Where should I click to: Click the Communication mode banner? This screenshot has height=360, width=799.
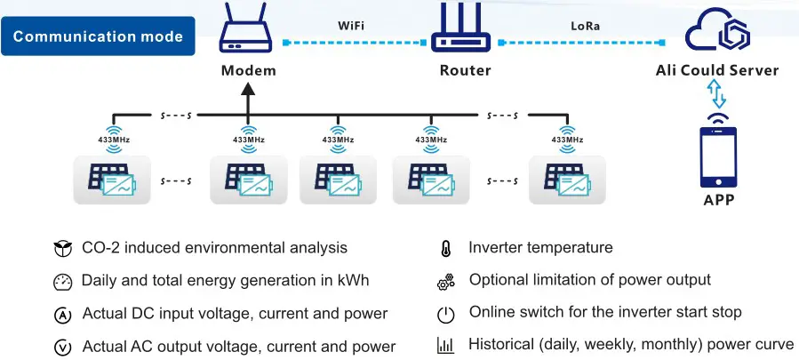(98, 37)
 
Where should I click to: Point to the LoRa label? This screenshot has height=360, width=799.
(584, 26)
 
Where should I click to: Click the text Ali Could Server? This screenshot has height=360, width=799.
(716, 70)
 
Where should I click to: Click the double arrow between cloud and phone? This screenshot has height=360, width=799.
(716, 94)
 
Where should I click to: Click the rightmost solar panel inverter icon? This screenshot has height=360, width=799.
(566, 180)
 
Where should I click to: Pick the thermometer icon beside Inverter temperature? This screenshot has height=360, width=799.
(446, 249)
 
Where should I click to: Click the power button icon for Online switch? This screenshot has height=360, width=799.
(446, 314)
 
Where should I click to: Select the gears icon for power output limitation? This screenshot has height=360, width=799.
(446, 282)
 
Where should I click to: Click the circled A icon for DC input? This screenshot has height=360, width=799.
(62, 315)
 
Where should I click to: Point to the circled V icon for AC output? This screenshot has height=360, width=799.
(62, 348)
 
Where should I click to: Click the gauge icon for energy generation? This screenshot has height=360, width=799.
(62, 282)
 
